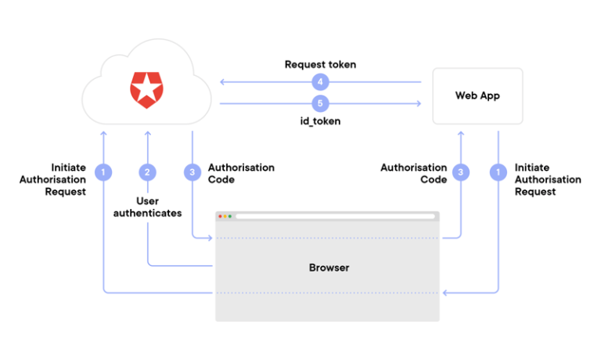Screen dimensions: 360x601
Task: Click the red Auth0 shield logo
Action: [146, 89]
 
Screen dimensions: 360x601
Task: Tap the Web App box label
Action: [477, 95]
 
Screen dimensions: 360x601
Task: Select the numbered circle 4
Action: [319, 81]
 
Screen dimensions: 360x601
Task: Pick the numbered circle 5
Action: [319, 103]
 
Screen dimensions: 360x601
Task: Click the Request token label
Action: [320, 64]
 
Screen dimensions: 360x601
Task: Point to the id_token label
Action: [320, 122]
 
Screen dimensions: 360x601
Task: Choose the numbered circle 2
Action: [147, 171]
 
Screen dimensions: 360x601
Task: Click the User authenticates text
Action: [147, 207]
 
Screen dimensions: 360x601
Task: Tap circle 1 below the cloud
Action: [103, 171]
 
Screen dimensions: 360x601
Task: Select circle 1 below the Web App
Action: [498, 171]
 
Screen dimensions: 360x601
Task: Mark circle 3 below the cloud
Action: [192, 171]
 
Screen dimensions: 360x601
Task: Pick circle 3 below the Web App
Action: [462, 171]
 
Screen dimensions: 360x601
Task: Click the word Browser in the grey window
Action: [329, 268]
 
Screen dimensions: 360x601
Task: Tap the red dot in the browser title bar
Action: [221, 216]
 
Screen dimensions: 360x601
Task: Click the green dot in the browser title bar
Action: [230, 216]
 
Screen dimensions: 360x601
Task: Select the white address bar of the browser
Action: [335, 216]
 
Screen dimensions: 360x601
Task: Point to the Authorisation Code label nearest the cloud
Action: [241, 173]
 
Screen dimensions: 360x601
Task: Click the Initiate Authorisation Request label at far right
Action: [548, 179]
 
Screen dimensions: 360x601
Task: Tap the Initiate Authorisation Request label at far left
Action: [53, 179]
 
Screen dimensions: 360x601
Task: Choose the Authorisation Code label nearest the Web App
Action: [413, 173]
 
